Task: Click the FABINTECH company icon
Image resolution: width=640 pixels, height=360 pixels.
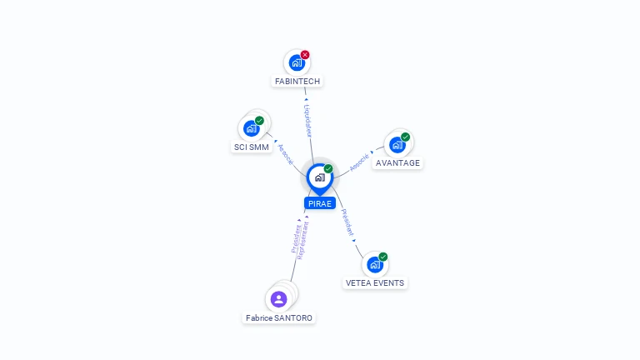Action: click(x=297, y=62)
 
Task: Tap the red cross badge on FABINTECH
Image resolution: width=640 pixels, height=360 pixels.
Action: click(x=305, y=55)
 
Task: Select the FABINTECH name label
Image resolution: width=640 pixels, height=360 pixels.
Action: click(x=297, y=81)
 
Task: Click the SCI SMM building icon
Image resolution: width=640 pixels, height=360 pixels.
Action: click(x=252, y=128)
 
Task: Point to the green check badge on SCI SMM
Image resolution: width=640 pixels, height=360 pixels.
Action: click(x=260, y=120)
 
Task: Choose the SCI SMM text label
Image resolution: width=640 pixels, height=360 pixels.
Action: click(x=252, y=147)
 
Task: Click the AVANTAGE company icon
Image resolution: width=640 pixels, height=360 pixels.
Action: click(x=397, y=145)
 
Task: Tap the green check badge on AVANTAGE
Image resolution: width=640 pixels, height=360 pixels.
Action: click(x=405, y=137)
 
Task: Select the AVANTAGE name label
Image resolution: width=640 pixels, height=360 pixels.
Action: click(x=397, y=162)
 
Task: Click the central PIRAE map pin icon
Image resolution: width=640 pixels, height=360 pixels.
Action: click(x=320, y=178)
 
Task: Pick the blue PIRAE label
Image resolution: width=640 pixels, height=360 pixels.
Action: click(x=320, y=203)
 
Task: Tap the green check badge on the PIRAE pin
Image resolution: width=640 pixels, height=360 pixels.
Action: click(x=328, y=168)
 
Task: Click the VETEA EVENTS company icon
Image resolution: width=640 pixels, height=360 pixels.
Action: click(x=375, y=264)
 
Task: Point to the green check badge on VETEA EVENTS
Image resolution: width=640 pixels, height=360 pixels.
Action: click(x=382, y=257)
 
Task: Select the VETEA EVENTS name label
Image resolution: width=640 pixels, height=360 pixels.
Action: click(x=375, y=282)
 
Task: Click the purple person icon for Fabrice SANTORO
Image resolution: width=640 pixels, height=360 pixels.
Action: click(x=279, y=299)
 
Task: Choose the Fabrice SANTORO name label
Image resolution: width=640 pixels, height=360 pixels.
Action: click(x=279, y=318)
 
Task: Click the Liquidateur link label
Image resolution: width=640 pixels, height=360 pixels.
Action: click(x=307, y=121)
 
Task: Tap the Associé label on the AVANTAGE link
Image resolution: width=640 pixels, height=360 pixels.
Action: click(x=360, y=162)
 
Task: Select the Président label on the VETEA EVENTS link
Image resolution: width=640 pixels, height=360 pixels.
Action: click(x=347, y=222)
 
